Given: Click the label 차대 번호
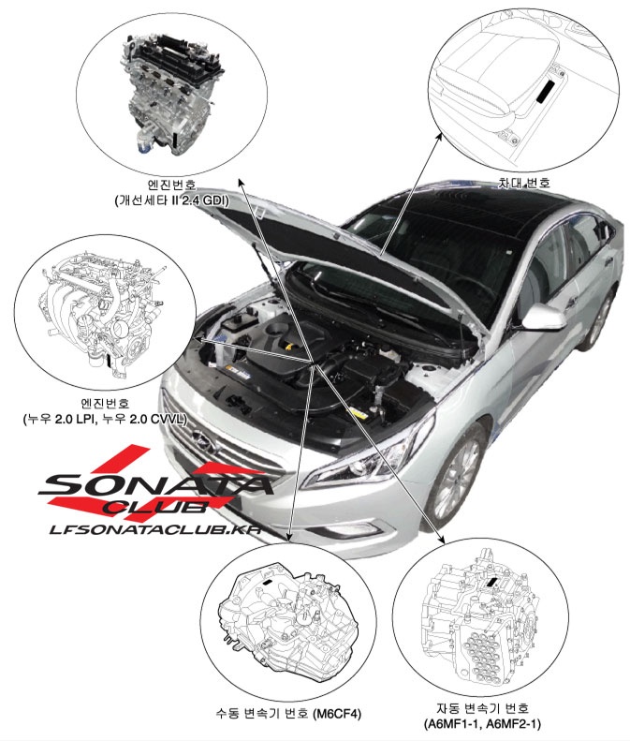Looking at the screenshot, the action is (x=523, y=183).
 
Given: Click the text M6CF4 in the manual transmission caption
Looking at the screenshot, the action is (x=337, y=713).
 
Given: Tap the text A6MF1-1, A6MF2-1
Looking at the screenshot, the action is (x=482, y=723).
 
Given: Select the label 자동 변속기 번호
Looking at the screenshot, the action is (x=482, y=708).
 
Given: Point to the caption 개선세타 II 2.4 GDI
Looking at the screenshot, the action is (x=171, y=200).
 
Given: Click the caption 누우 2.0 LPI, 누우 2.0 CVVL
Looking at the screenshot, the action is (x=105, y=419).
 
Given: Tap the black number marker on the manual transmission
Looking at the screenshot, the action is (x=268, y=583).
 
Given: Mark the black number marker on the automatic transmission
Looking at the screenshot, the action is (x=491, y=582).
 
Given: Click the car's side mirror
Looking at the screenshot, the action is (x=543, y=317).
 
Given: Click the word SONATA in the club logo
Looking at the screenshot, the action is (x=155, y=484).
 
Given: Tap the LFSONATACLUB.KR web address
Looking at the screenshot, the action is (x=155, y=529).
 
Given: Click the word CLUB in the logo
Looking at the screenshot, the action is (x=155, y=507).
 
